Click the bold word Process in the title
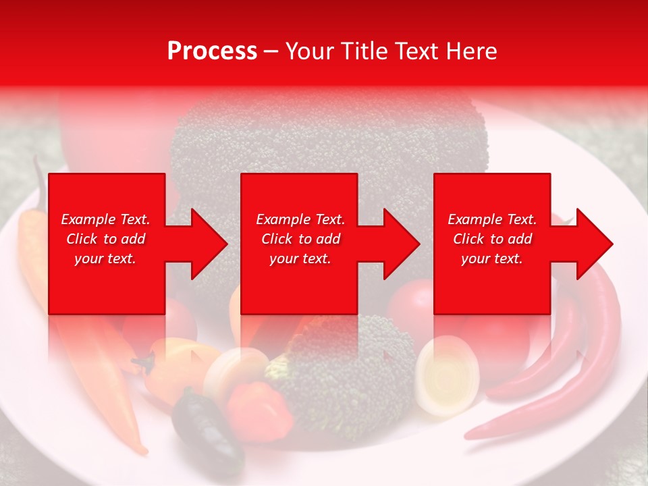point(212,51)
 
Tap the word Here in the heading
point(470,51)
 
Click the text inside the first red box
point(106,239)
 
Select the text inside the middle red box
point(300,239)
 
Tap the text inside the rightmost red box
point(492,239)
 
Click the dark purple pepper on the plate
point(206,432)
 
